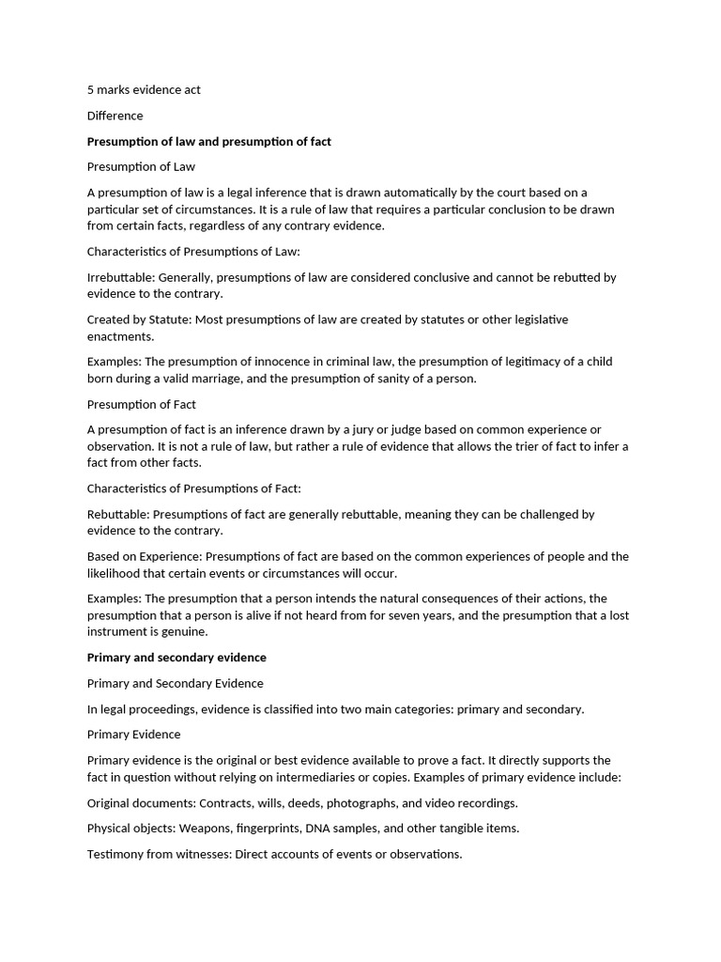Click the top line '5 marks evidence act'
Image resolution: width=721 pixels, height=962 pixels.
click(144, 90)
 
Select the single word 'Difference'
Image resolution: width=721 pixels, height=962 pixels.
click(115, 116)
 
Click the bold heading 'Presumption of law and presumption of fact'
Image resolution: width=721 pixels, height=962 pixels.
click(208, 141)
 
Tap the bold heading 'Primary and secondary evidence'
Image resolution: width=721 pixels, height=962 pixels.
click(176, 658)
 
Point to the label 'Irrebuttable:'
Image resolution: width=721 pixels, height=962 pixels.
click(121, 277)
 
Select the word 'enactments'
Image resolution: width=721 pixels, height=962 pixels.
click(119, 336)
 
